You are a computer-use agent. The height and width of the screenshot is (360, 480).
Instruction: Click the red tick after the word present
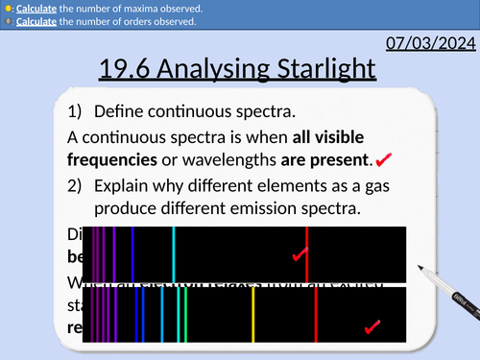click(384, 157)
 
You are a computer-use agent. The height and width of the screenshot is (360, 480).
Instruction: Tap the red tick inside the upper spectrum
click(300, 255)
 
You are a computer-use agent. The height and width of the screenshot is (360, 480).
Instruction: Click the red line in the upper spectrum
click(306, 252)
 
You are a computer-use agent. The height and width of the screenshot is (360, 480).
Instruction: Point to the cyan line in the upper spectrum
click(173, 252)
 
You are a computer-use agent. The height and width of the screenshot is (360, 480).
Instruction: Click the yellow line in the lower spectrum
click(252, 315)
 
